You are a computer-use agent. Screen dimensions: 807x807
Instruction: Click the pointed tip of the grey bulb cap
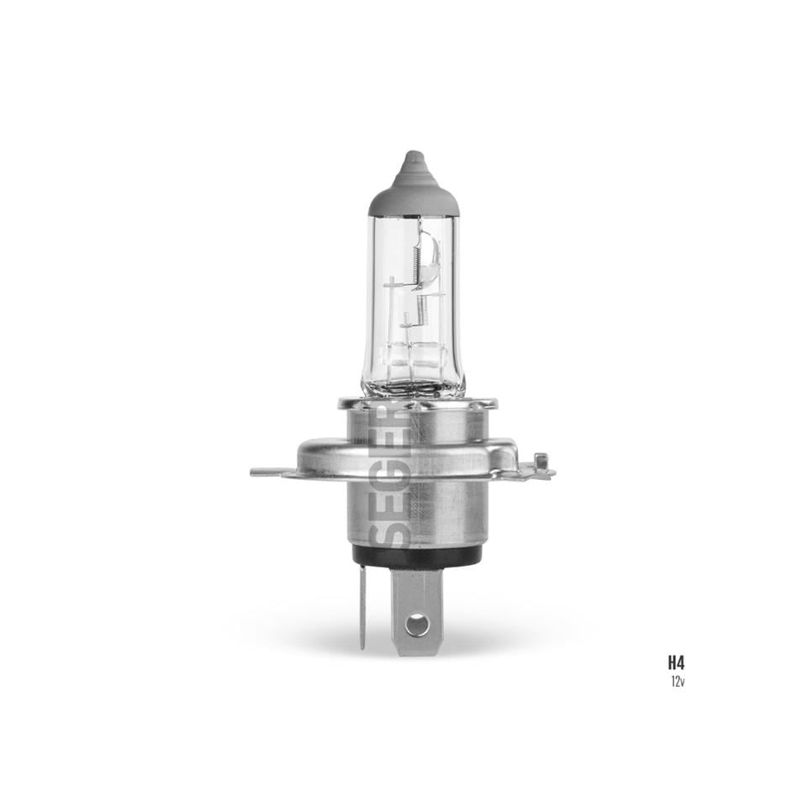click(413, 156)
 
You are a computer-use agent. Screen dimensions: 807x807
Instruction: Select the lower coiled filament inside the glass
click(422, 308)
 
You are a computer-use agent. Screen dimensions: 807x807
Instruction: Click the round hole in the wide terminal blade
click(417, 625)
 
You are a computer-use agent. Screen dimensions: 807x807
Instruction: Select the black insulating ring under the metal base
click(417, 555)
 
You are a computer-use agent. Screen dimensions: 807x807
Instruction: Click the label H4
click(676, 662)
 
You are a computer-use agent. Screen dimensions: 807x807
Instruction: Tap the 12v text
click(677, 681)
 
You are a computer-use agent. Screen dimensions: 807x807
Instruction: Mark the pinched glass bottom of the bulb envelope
click(413, 388)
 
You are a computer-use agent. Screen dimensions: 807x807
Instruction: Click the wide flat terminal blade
click(417, 609)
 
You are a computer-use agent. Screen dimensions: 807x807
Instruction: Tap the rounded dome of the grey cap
click(413, 195)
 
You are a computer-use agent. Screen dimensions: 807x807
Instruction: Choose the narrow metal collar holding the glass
click(417, 404)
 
